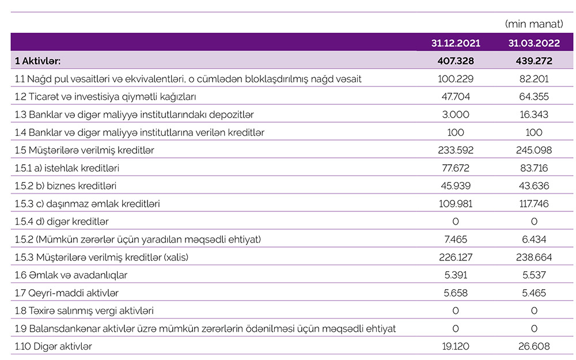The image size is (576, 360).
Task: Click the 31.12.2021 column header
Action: (x=456, y=43)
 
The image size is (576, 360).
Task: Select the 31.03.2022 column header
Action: (x=534, y=43)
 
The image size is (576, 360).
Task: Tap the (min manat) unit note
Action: (x=533, y=24)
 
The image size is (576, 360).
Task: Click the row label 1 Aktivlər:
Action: (x=38, y=60)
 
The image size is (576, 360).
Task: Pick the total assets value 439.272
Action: (x=534, y=60)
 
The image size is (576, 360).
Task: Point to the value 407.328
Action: (x=456, y=60)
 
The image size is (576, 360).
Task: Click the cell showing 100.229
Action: (x=456, y=79)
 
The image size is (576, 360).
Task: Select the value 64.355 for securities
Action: (x=534, y=97)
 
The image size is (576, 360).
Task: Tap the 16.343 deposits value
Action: (x=534, y=115)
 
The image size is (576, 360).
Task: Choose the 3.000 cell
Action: (x=456, y=115)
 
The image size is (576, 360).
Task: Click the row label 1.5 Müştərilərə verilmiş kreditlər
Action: (x=85, y=150)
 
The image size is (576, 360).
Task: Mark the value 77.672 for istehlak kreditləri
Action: (x=456, y=168)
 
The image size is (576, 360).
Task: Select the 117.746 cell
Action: (x=534, y=204)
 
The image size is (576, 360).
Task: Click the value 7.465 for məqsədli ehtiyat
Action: (x=456, y=240)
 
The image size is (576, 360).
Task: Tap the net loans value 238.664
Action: (x=534, y=257)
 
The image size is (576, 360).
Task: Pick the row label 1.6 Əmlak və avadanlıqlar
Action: (x=71, y=275)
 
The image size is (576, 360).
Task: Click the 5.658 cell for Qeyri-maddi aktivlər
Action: (x=456, y=293)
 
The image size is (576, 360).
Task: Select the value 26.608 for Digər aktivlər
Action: (x=534, y=347)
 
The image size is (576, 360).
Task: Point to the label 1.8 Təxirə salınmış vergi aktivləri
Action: (x=85, y=311)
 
